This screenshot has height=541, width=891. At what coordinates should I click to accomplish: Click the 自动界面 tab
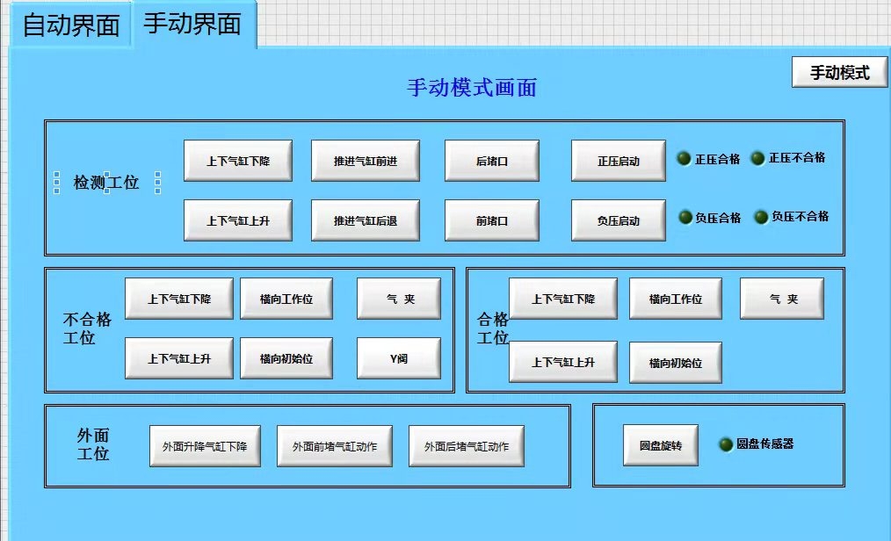pyautogui.click(x=70, y=25)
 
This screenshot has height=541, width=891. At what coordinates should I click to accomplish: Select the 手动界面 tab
pyautogui.click(x=192, y=24)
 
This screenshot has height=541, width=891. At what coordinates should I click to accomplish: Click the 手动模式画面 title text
pyautogui.click(x=472, y=88)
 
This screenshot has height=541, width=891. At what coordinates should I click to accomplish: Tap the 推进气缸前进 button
pyautogui.click(x=366, y=161)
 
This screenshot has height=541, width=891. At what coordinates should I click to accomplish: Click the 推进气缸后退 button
pyautogui.click(x=366, y=220)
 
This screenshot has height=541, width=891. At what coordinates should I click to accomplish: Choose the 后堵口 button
pyautogui.click(x=492, y=161)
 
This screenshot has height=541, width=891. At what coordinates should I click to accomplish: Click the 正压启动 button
pyautogui.click(x=619, y=161)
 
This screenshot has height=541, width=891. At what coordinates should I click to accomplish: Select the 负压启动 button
pyautogui.click(x=619, y=220)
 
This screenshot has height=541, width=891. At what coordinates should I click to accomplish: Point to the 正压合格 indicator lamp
pyautogui.click(x=685, y=159)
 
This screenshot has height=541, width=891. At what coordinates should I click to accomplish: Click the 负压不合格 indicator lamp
pyautogui.click(x=761, y=217)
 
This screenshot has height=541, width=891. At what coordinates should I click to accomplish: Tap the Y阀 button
pyautogui.click(x=399, y=358)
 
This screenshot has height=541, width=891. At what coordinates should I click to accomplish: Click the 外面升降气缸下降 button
pyautogui.click(x=205, y=446)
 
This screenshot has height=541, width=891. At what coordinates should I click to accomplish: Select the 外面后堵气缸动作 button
pyautogui.click(x=466, y=446)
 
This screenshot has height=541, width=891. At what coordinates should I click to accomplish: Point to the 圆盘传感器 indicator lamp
pyautogui.click(x=726, y=445)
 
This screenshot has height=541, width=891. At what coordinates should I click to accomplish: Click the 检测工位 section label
pyautogui.click(x=106, y=183)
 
